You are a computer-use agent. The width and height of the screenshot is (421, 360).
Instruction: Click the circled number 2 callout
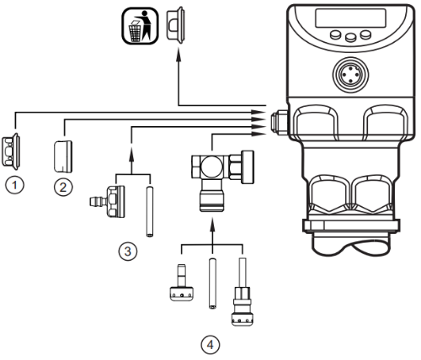pyautogui.click(x=63, y=187)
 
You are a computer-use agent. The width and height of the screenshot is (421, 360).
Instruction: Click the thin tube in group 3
pyautogui.click(x=148, y=213)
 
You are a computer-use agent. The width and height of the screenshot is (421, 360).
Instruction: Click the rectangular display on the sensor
pyautogui.click(x=346, y=18)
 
